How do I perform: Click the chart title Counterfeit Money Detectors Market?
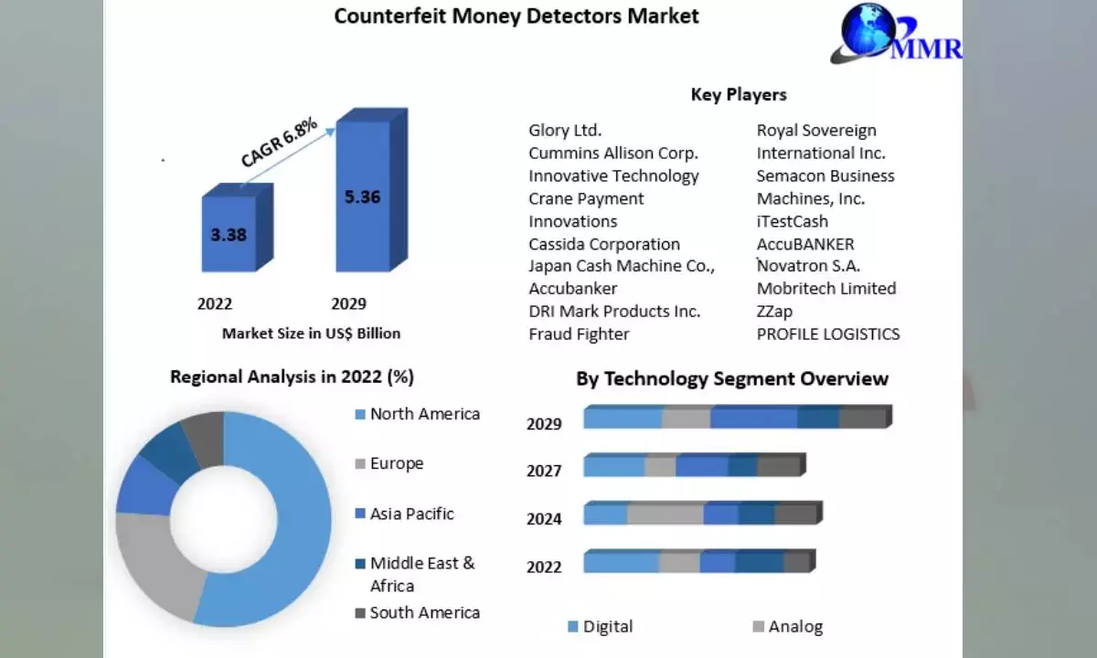[x=516, y=16]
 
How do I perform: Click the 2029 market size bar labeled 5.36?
[x=363, y=196]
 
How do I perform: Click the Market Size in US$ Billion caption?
[x=311, y=334]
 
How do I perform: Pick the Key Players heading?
[x=738, y=94]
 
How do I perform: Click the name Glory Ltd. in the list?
[x=565, y=131]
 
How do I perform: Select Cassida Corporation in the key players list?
[x=604, y=244]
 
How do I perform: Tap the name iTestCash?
[x=792, y=221]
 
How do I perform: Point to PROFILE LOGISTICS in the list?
[x=828, y=334]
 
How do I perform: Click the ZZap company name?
[x=774, y=312]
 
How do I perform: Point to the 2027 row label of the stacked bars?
[x=544, y=471]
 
